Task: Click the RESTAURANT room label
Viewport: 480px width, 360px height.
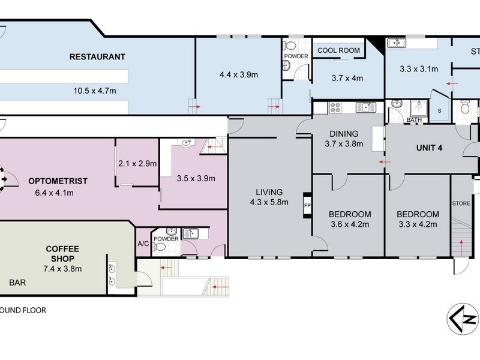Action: coord(97,57)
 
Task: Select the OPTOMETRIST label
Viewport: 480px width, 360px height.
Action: coord(58,181)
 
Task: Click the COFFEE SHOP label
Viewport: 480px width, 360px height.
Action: coord(62,254)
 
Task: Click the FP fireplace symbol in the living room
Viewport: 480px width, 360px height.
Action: coord(308,205)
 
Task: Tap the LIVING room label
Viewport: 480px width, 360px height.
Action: coord(268,193)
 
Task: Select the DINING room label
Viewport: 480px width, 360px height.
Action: coord(344,134)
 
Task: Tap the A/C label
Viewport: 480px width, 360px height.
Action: coord(143,244)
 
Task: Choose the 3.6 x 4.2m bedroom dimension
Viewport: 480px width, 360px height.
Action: coord(349,225)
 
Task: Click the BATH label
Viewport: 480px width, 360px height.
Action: coord(414,120)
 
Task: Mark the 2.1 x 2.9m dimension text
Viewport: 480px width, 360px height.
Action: coord(137,163)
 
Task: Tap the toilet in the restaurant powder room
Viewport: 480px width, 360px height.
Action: coord(290,46)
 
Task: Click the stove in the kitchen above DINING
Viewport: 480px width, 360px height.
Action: coord(334,108)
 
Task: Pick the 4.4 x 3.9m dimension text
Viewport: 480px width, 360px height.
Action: coord(238,75)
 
